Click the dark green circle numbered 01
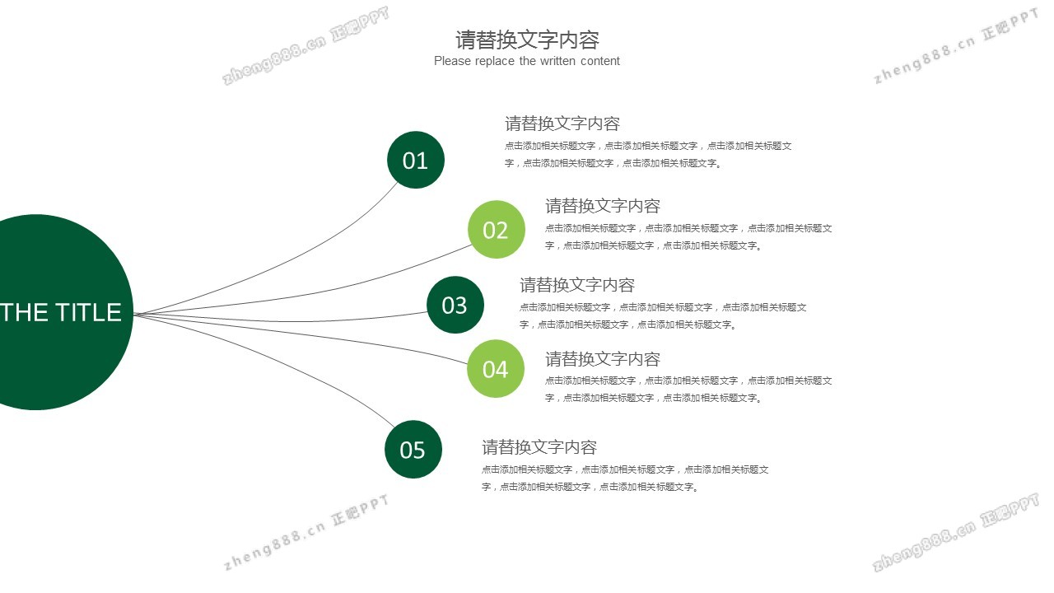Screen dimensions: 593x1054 click(416, 160)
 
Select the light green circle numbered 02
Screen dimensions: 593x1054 click(497, 230)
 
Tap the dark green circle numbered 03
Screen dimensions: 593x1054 click(455, 306)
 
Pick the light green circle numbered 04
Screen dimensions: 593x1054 click(496, 369)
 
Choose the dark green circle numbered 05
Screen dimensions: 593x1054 click(413, 450)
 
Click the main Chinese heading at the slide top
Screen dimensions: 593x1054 click(527, 40)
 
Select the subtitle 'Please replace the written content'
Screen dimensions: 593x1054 click(527, 61)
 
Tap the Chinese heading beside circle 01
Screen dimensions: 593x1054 click(562, 124)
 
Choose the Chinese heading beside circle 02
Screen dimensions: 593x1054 click(603, 206)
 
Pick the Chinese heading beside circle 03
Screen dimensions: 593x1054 click(577, 285)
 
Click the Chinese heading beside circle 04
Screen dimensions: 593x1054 click(603, 359)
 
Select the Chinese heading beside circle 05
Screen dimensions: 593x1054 click(539, 447)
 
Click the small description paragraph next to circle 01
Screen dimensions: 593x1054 click(648, 154)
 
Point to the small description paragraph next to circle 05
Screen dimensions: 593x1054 click(625, 478)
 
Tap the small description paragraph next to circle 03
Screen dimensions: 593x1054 click(663, 315)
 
